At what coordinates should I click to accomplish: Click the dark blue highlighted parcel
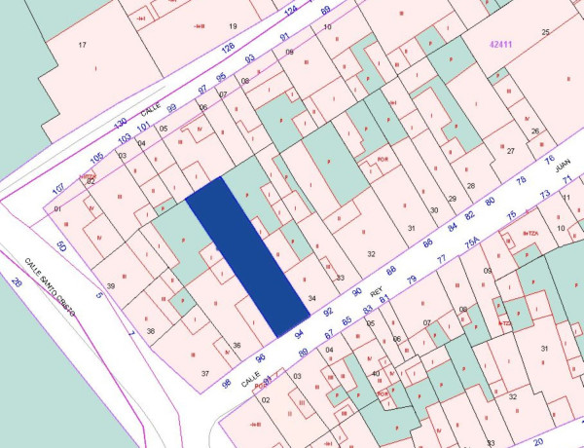[x=249, y=258]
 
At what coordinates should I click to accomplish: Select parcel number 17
[x=82, y=45]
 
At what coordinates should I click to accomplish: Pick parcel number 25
[x=546, y=33]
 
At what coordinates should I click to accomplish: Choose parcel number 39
[x=111, y=285]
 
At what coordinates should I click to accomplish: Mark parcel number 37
[x=205, y=373]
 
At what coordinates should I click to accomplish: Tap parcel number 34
[x=311, y=298]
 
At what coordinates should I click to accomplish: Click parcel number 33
[x=340, y=279]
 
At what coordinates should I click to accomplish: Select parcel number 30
[x=434, y=209]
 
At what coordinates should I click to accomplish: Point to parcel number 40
[x=376, y=373]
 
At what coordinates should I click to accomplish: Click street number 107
[x=58, y=186]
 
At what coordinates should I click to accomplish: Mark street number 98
[x=226, y=382]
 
